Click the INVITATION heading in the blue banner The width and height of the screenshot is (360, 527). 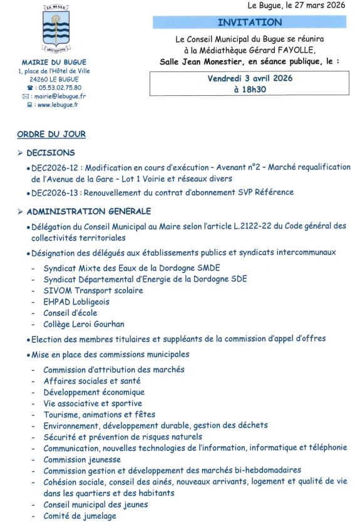tap(250, 23)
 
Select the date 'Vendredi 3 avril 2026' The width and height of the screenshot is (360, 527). tap(250, 78)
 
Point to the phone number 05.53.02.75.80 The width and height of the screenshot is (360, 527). tap(58, 88)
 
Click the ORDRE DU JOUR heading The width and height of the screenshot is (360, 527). tap(51, 134)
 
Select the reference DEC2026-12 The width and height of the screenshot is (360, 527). tap(56, 167)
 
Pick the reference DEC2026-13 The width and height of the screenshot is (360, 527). tap(56, 192)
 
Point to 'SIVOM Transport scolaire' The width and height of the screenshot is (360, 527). tap(93, 290)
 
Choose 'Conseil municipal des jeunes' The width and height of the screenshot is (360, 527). tap(96, 504)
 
